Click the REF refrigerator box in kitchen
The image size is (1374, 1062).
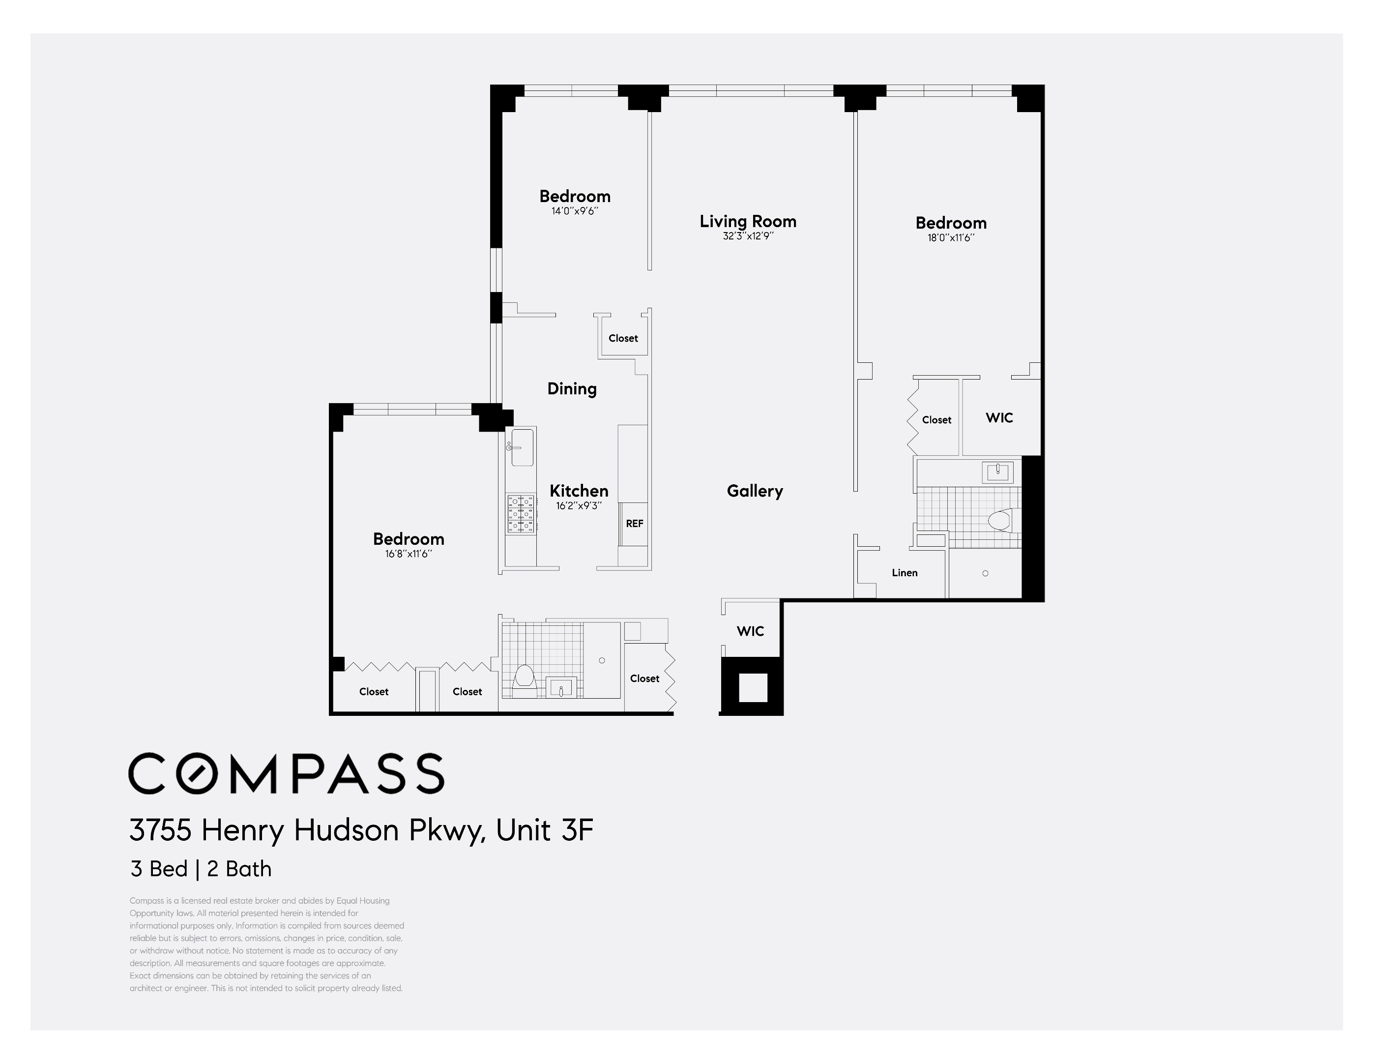634,524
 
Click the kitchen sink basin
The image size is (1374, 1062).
522,447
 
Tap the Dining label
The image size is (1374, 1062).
571,389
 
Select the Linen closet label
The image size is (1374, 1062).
904,572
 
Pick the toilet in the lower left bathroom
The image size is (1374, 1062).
524,677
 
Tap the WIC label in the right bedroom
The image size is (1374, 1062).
998,418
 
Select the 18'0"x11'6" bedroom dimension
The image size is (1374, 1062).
951,238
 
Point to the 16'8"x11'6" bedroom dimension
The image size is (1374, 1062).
409,554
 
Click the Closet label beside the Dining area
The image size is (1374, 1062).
623,338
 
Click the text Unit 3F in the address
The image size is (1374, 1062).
544,830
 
